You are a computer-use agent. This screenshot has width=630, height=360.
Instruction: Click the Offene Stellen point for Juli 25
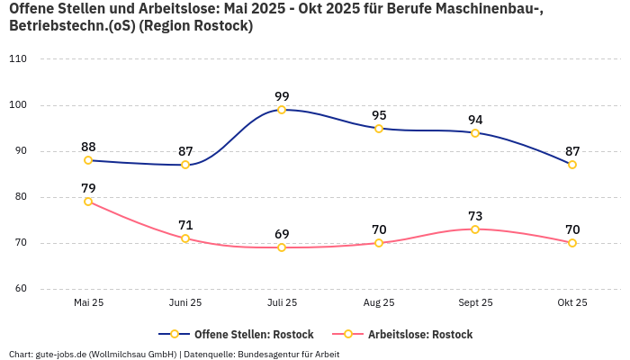tap(282, 110)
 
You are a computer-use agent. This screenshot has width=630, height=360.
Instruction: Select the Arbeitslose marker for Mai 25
tap(88, 202)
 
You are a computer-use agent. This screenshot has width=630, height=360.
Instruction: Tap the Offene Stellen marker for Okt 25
tap(572, 165)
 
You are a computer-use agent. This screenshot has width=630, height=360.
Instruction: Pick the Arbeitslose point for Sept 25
tap(475, 229)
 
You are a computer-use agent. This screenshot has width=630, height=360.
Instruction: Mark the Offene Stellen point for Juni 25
tap(185, 165)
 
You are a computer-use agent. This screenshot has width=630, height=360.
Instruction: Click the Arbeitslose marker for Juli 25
tap(282, 247)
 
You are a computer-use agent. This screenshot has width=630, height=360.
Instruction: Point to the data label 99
tap(282, 96)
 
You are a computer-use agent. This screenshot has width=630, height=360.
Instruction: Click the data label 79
tap(88, 188)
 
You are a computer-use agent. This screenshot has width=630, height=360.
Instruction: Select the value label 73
tap(475, 216)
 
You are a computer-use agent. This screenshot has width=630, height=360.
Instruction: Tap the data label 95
tap(379, 115)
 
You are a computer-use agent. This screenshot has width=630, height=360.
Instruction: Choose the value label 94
tap(475, 120)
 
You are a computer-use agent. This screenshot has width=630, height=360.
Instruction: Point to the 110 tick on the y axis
tap(18, 59)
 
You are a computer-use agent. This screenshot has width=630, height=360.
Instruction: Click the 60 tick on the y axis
tap(20, 289)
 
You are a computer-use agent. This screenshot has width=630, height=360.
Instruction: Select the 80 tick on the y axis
tap(20, 197)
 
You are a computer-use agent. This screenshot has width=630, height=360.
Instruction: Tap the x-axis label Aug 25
tap(379, 302)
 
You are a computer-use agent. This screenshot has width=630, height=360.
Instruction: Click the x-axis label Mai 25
tap(88, 302)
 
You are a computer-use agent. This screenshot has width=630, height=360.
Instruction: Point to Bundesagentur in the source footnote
tap(275, 354)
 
